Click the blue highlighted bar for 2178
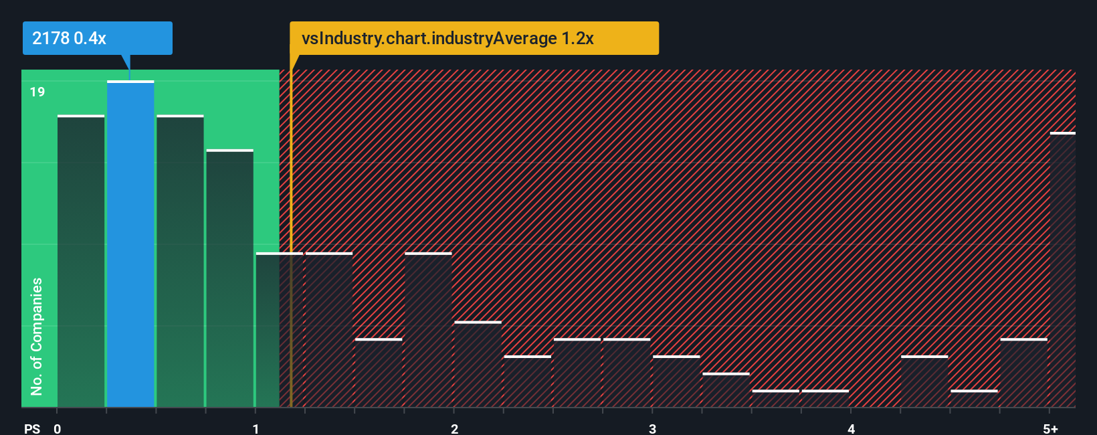pyautogui.click(x=130, y=244)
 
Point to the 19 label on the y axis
pyautogui.click(x=37, y=92)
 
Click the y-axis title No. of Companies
pyautogui.click(x=37, y=336)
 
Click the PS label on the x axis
pyautogui.click(x=32, y=428)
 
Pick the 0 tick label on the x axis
pyautogui.click(x=58, y=428)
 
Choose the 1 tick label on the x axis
pyautogui.click(x=256, y=428)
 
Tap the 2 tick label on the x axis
pyautogui.click(x=454, y=428)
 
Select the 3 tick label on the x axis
pyautogui.click(x=652, y=428)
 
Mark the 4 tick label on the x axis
pyautogui.click(x=851, y=428)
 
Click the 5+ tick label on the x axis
pyautogui.click(x=1050, y=428)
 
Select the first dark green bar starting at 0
pyautogui.click(x=81, y=261)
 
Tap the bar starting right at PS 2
pyautogui.click(x=478, y=365)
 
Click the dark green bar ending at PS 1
pyautogui.click(x=229, y=278)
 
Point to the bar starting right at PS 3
pyautogui.click(x=676, y=381)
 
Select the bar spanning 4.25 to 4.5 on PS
pyautogui.click(x=924, y=381)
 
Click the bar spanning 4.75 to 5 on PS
pyautogui.click(x=1023, y=373)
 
